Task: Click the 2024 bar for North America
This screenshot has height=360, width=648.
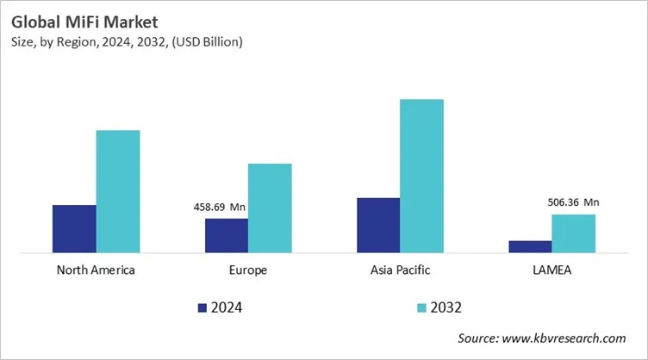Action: click(x=74, y=229)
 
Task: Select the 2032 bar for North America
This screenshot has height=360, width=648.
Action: click(x=118, y=191)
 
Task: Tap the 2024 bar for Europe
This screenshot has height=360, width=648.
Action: click(x=226, y=235)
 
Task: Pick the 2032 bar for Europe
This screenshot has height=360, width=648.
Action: click(x=270, y=208)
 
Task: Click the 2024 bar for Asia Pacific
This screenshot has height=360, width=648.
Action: click(x=378, y=225)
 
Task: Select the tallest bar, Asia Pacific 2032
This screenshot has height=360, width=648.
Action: click(x=421, y=176)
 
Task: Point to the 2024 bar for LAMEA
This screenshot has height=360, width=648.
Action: click(x=530, y=246)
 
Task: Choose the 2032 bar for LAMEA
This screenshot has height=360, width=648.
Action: click(x=573, y=233)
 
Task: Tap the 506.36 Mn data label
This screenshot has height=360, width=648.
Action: click(x=573, y=202)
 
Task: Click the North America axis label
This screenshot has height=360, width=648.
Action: click(x=96, y=270)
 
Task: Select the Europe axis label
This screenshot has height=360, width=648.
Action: click(x=248, y=270)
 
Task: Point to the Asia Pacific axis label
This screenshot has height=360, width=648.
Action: click(x=400, y=270)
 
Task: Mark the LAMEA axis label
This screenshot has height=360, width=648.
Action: click(x=551, y=270)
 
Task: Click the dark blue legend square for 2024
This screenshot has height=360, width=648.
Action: click(x=202, y=307)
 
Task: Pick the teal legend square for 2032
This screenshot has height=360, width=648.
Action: click(x=421, y=307)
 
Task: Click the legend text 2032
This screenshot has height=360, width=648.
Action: click(x=447, y=307)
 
